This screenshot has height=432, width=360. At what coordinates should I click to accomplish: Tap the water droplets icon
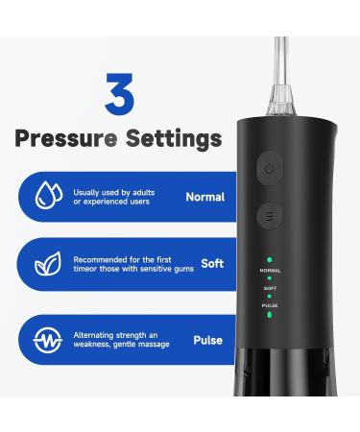click(x=44, y=197)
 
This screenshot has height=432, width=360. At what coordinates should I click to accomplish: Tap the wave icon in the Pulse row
click(x=44, y=338)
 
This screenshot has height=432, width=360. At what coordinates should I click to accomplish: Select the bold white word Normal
click(x=205, y=197)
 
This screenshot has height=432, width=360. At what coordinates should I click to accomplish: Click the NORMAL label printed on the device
click(x=270, y=271)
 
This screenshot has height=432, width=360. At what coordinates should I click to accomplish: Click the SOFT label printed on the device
click(x=270, y=287)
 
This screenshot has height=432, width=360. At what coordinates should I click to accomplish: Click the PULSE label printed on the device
click(x=270, y=304)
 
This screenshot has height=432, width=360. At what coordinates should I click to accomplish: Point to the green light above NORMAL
click(x=270, y=260)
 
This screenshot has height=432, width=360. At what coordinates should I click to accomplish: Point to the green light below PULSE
click(x=270, y=314)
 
